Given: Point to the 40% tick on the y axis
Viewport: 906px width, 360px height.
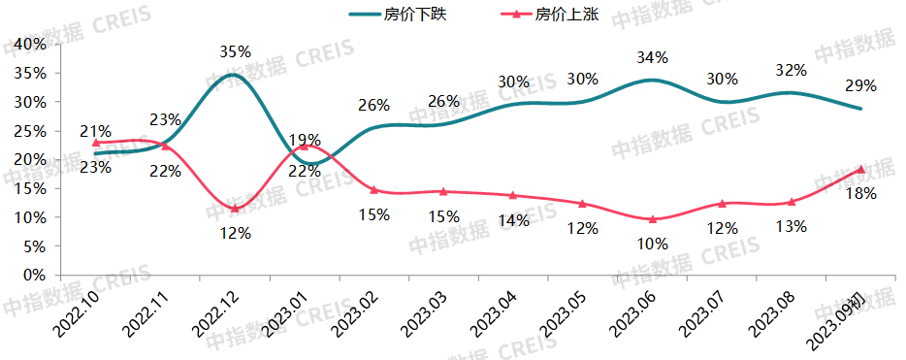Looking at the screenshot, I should point(30,45).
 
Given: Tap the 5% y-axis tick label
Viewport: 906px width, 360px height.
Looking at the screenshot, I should point(34,246).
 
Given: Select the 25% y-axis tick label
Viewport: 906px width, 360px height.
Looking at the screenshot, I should point(30,131).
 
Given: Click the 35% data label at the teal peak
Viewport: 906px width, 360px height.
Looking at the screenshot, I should point(235,51).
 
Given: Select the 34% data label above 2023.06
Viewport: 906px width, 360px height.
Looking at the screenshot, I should point(652,57).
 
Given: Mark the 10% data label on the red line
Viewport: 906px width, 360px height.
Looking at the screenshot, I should point(653,244).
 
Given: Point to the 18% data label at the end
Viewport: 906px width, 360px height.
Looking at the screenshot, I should point(860,193).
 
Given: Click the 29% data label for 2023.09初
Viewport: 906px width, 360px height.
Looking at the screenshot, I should point(860,86).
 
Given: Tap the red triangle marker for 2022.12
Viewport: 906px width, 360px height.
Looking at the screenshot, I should point(235,209).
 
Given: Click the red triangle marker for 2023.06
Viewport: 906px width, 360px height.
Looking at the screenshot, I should point(652,219).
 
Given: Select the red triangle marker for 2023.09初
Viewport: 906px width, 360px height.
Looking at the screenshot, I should point(860,169).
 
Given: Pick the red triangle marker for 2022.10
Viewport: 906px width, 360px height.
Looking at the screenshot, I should point(95,143).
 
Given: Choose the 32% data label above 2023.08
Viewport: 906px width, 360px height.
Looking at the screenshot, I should point(792,70).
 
